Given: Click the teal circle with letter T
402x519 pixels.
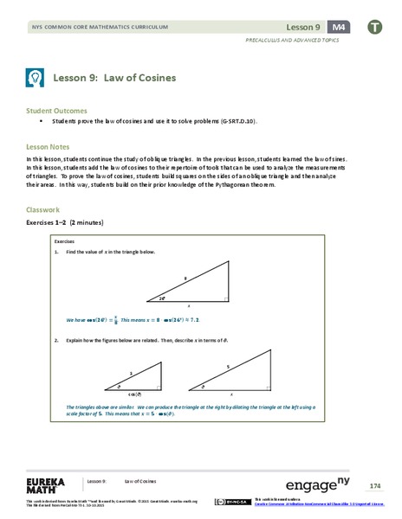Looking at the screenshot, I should coord(374,27).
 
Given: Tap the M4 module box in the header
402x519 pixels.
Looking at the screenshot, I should coord(338,27).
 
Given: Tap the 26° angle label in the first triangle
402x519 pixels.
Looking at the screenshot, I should coord(162,298).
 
